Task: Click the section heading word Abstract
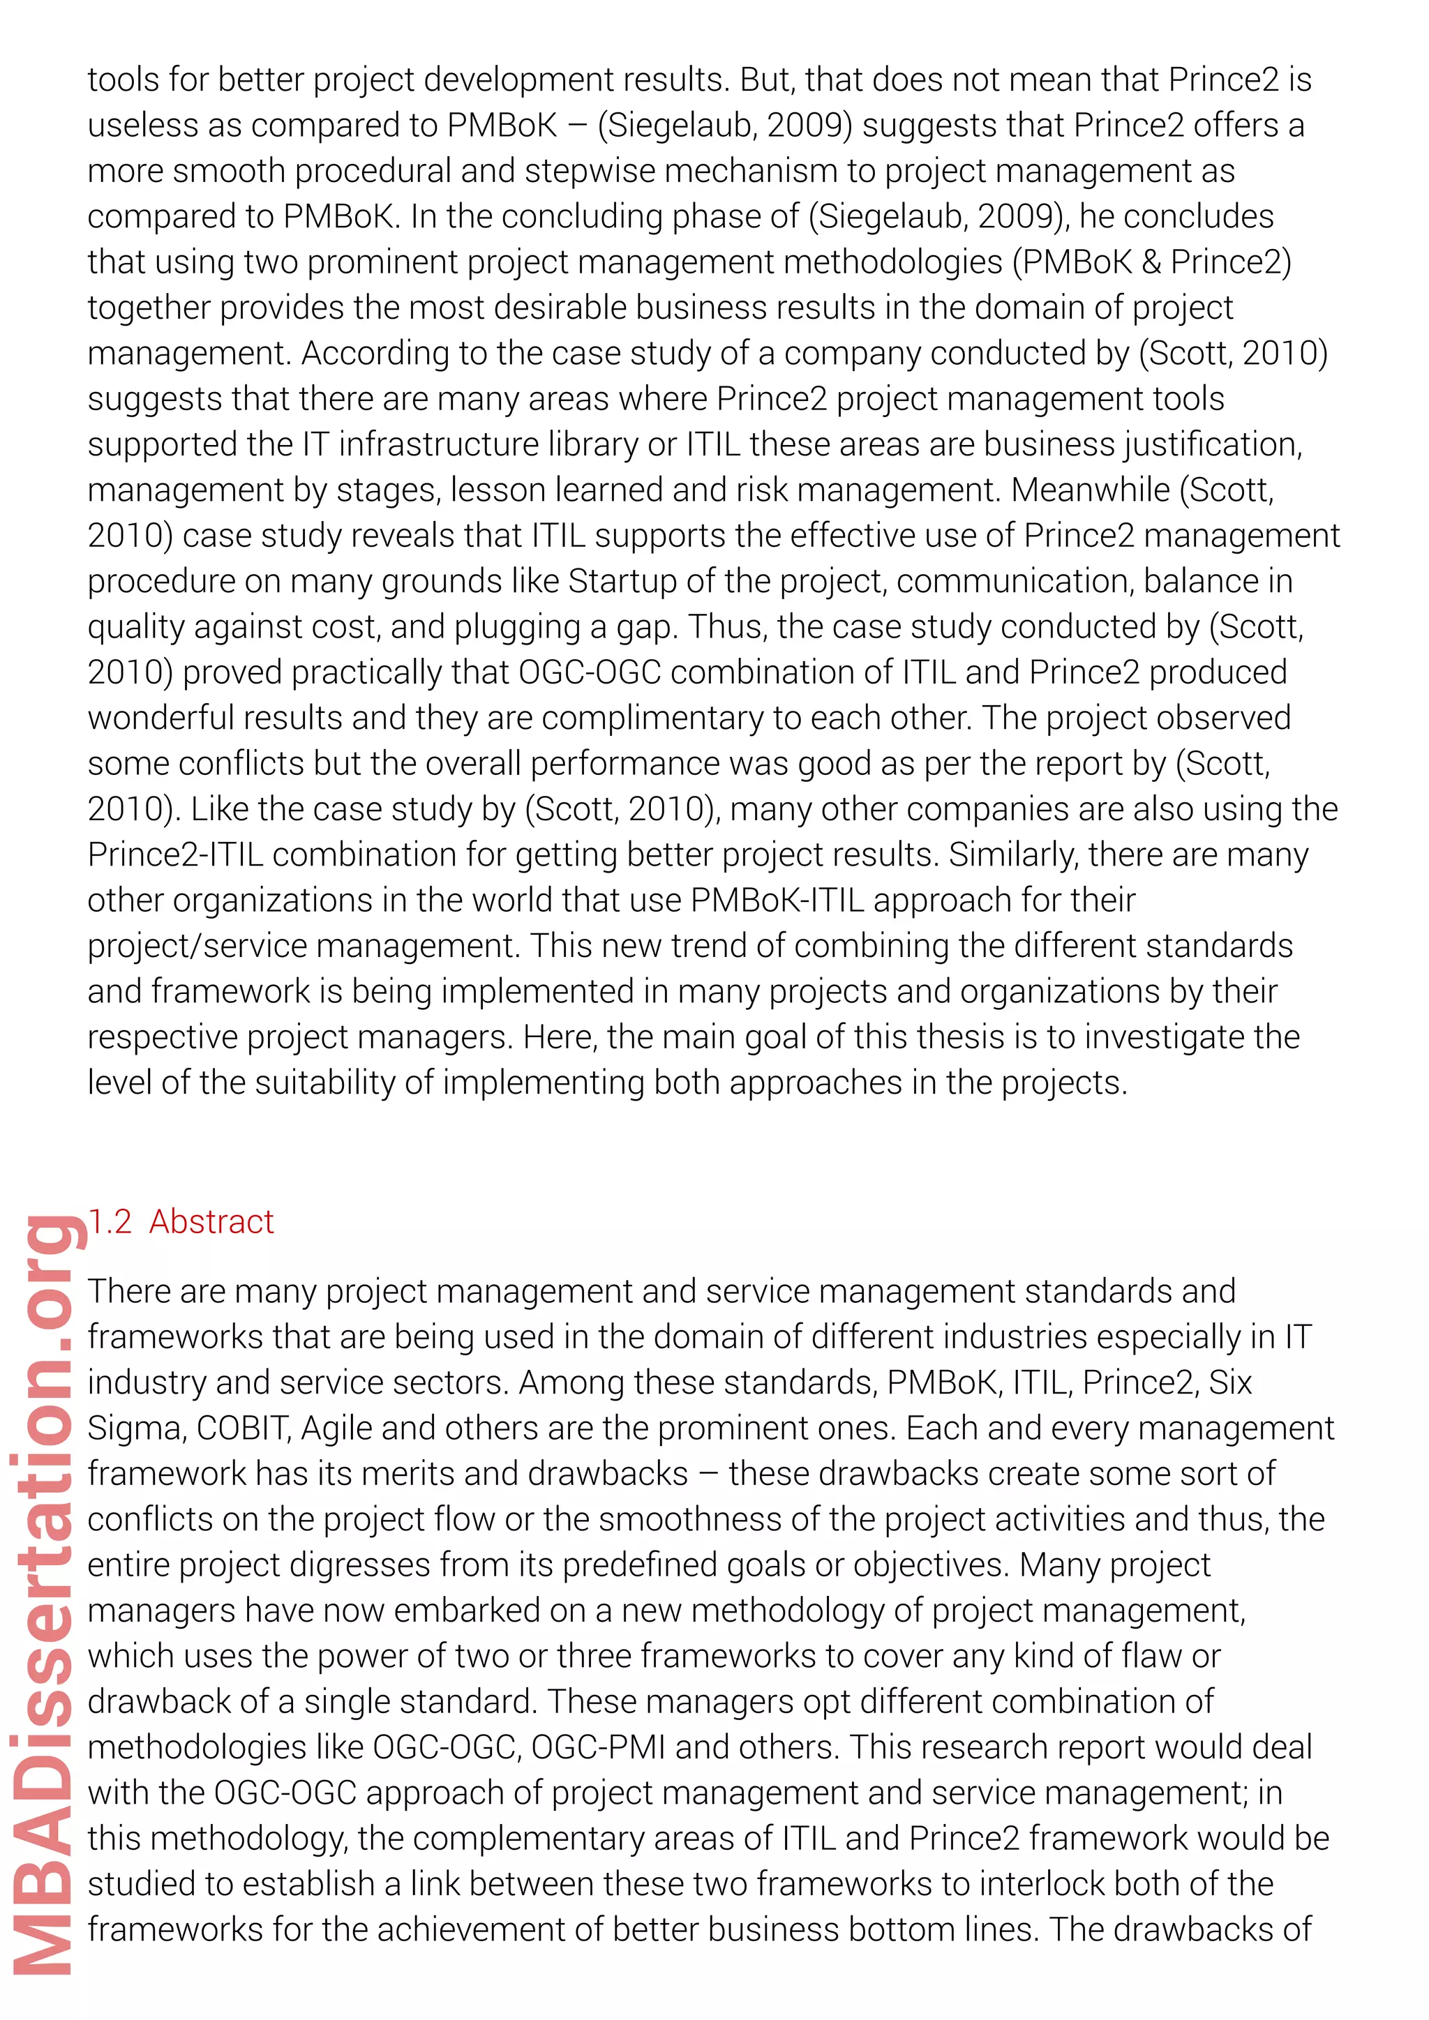(x=211, y=1221)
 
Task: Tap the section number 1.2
(x=110, y=1221)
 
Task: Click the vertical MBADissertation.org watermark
(x=44, y=1592)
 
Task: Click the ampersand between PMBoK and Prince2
(x=1151, y=262)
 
